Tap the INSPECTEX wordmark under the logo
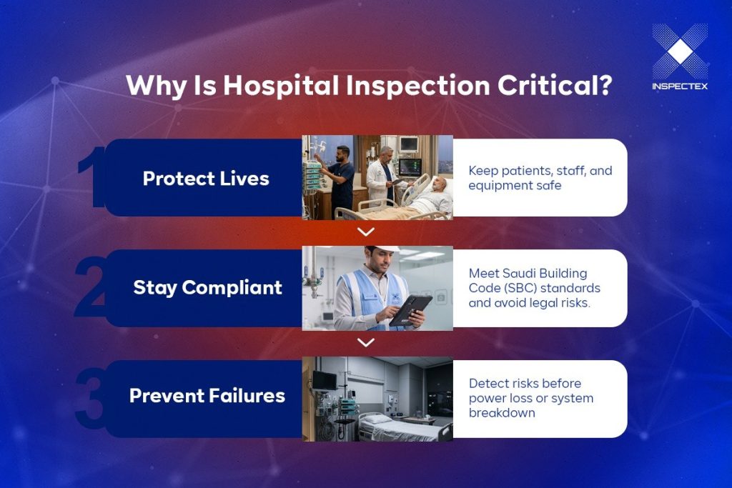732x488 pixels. [680, 86]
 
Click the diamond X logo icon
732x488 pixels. [680, 51]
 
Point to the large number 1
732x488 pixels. [91, 178]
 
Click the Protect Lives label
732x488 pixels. [206, 178]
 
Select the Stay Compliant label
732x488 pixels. [207, 288]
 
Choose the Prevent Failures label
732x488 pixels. [207, 396]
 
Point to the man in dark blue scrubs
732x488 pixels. [342, 179]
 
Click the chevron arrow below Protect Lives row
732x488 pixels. [366, 232]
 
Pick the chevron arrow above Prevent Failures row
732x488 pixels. [366, 343]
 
